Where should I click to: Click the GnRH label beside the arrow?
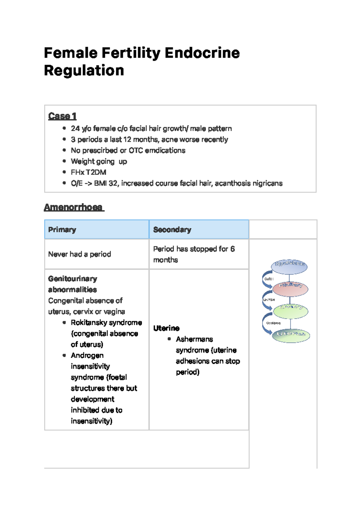click(x=269, y=279)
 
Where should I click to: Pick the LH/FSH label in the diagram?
click(x=269, y=300)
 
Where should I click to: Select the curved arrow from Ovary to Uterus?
click(x=266, y=324)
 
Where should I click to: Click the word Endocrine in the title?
click(x=202, y=53)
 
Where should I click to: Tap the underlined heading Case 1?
click(x=62, y=116)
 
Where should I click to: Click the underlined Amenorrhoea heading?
click(x=74, y=207)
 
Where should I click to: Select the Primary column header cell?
click(x=96, y=230)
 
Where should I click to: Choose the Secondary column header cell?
click(x=199, y=230)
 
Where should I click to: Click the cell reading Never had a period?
click(x=80, y=254)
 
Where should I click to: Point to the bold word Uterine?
click(x=166, y=328)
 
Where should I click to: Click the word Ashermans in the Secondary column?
click(x=194, y=339)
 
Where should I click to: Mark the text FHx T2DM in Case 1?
click(x=88, y=172)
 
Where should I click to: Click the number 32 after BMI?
click(x=113, y=183)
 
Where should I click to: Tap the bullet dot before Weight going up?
click(x=64, y=161)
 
